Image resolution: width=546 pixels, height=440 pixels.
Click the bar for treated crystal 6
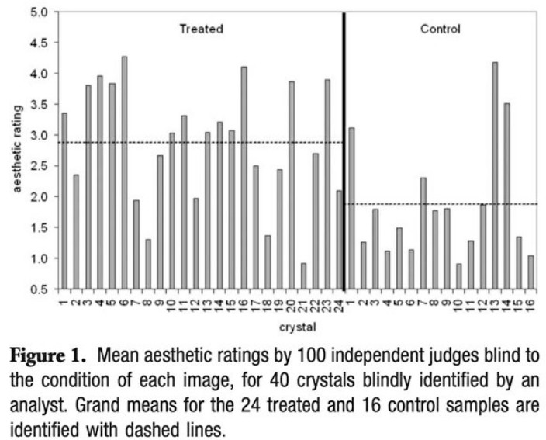coord(124,171)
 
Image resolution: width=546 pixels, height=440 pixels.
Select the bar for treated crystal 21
coord(303,275)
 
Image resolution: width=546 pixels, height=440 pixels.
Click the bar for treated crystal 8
coord(147,264)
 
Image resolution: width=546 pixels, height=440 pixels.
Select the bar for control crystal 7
coord(423,233)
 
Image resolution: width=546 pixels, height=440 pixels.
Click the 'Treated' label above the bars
coord(201,29)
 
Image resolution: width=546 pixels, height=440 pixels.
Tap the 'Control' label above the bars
coord(440,29)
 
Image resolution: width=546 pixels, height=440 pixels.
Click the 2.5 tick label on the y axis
coord(39,166)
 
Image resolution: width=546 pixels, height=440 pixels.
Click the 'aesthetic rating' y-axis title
coord(17,151)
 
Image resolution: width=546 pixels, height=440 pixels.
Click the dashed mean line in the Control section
coord(465,204)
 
